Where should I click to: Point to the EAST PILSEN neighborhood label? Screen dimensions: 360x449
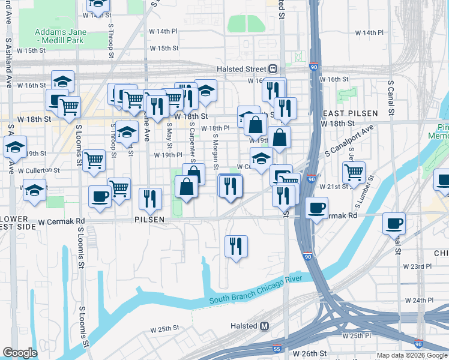350,113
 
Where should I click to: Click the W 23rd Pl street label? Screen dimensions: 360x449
417,266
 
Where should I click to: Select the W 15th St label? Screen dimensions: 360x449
31,51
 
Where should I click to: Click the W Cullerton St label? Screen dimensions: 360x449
38,170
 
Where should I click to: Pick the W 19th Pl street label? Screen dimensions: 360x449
167,155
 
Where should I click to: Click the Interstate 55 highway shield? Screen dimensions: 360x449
277,348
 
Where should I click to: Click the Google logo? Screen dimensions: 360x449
20,353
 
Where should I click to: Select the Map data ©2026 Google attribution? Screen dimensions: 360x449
412,355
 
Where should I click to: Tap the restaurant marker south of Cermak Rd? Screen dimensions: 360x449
235,246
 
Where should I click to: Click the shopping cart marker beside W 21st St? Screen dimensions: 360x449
354,173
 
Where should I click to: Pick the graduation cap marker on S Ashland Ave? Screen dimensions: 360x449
15,147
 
